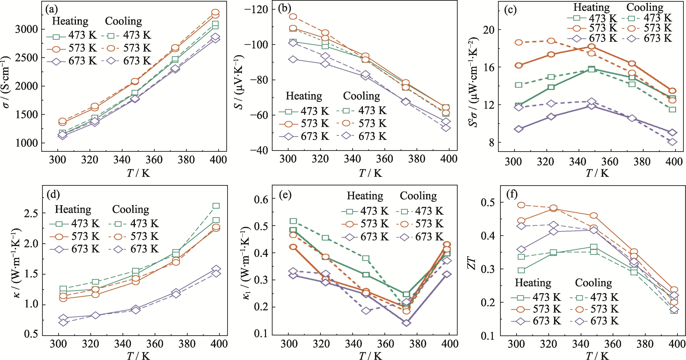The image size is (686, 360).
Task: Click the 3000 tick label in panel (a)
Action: click(x=27, y=29)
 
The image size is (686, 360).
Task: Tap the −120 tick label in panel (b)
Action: click(x=256, y=9)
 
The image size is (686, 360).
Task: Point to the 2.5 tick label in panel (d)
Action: click(x=31, y=213)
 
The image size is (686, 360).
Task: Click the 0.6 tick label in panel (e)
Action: click(x=261, y=199)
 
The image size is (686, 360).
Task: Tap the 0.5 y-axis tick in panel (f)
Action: click(x=488, y=202)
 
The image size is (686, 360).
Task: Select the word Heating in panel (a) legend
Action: click(x=70, y=21)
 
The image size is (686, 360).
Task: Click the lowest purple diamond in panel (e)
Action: click(x=406, y=323)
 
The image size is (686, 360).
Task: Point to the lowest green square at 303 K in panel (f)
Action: click(x=521, y=270)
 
